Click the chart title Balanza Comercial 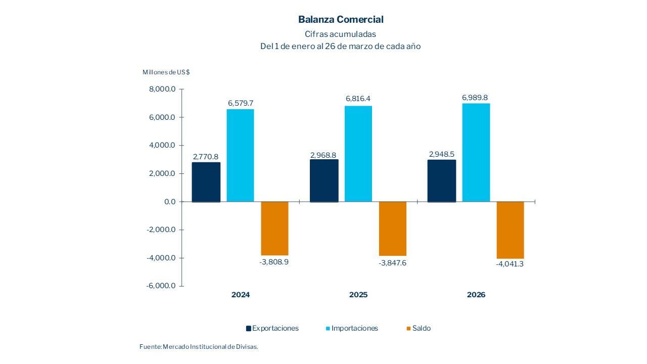pyautogui.click(x=341, y=20)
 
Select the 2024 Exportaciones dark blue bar pyautogui.click(x=206, y=182)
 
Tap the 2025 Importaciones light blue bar pyautogui.click(x=358, y=154)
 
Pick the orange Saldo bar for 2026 pyautogui.click(x=510, y=230)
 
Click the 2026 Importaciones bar pyautogui.click(x=476, y=153)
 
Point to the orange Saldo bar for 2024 pyautogui.click(x=274, y=229)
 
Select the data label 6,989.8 pyautogui.click(x=476, y=98)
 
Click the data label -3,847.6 pyautogui.click(x=392, y=263)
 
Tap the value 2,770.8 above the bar pyautogui.click(x=206, y=157)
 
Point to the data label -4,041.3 pyautogui.click(x=510, y=264)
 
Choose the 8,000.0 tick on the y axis pyautogui.click(x=162, y=89)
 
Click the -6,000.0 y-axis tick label pyautogui.click(x=161, y=286)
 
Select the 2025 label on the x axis pyautogui.click(x=358, y=295)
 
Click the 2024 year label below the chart pyautogui.click(x=241, y=295)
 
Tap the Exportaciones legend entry pyautogui.click(x=272, y=329)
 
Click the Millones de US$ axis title pyautogui.click(x=166, y=72)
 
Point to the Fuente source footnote pyautogui.click(x=199, y=347)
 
